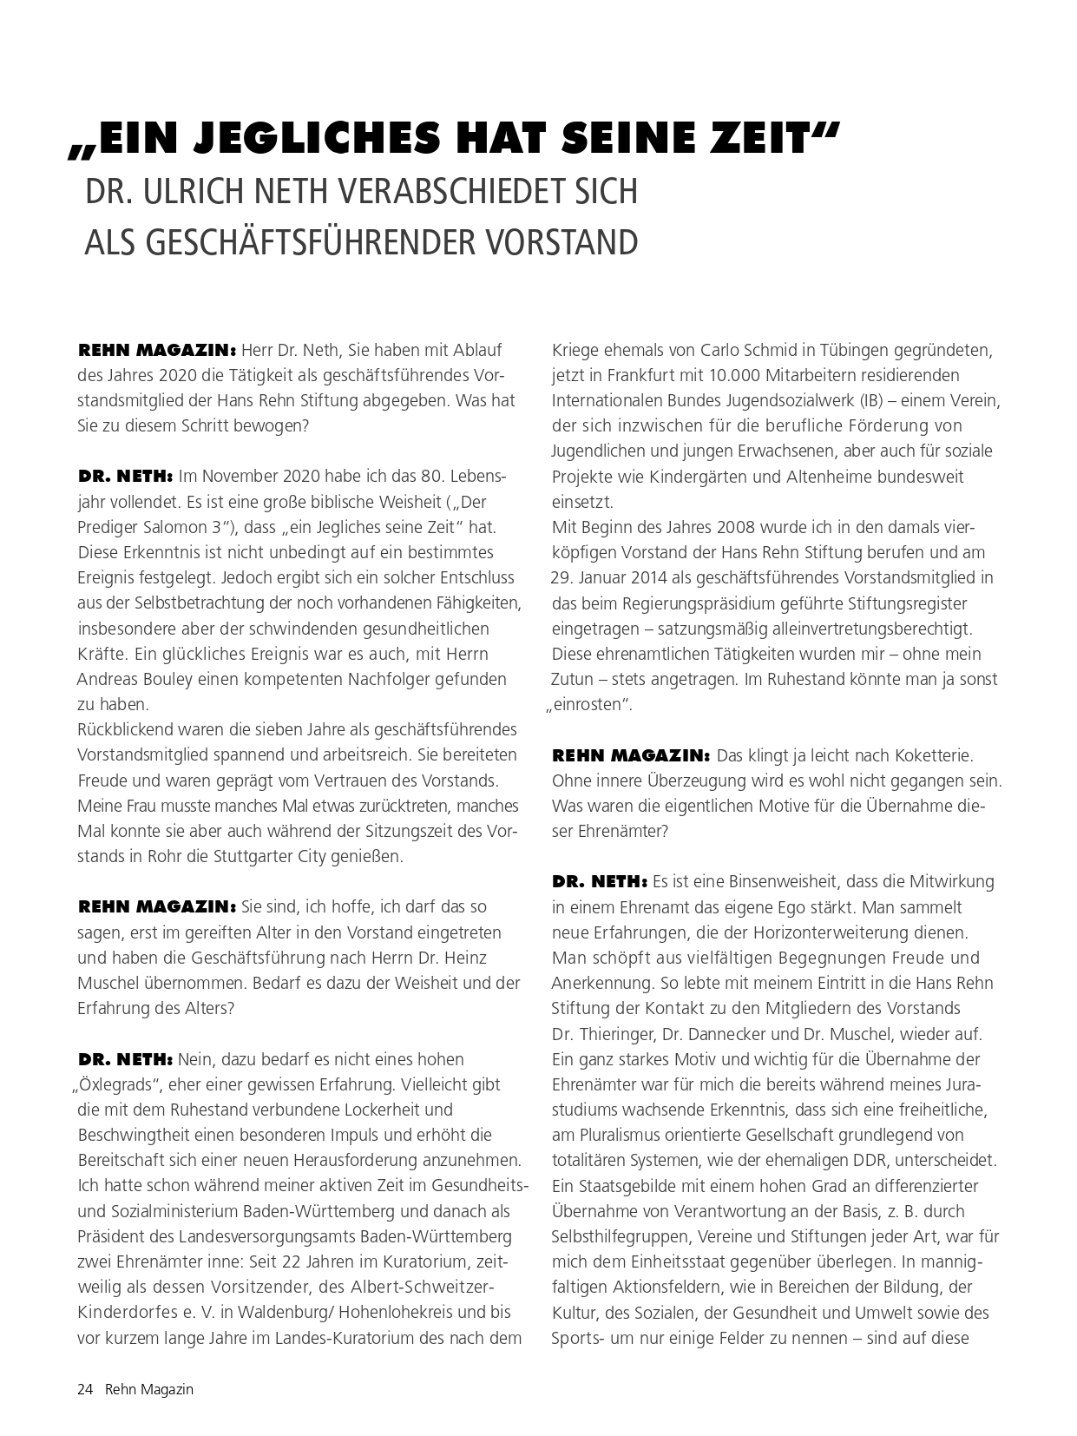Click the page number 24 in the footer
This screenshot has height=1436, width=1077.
85,1389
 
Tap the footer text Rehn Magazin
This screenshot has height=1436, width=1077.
149,1389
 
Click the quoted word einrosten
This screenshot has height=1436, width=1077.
589,705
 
